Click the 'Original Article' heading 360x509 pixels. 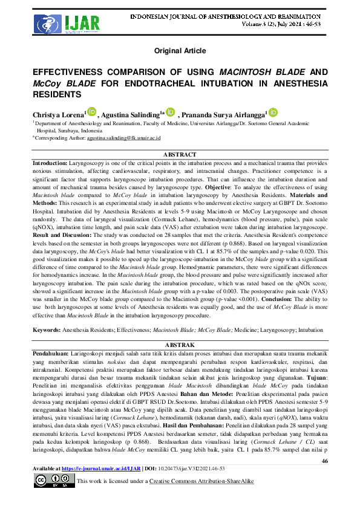coord(180,51)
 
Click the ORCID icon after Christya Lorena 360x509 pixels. coord(91,112)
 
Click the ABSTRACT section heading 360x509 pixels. coord(180,155)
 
